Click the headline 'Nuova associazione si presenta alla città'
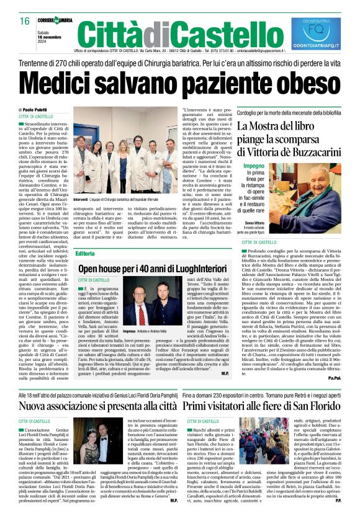pos(90,406)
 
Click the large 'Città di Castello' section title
pos(178,31)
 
